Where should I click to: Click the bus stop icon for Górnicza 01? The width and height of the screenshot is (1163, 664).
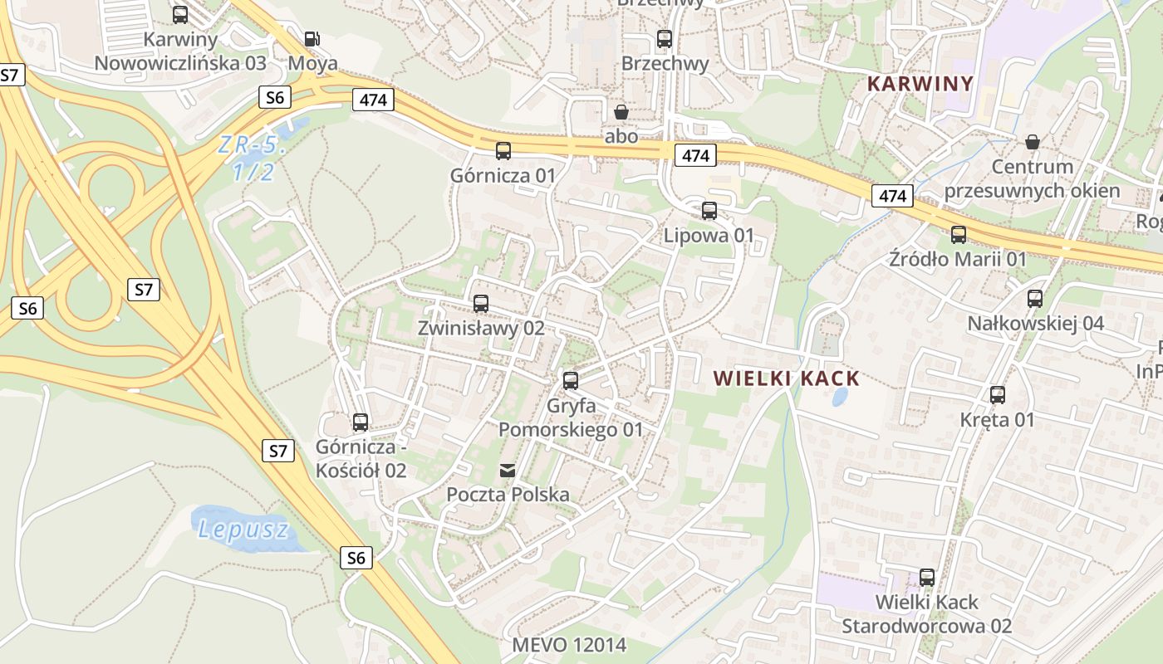[503, 151]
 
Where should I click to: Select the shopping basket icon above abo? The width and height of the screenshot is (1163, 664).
[621, 111]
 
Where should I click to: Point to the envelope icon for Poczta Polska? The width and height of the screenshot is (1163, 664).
[507, 471]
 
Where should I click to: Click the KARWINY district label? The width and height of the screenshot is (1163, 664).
[920, 84]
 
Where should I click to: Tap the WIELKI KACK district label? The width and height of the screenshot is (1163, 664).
[786, 379]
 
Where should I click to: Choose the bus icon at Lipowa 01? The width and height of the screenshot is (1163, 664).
[709, 211]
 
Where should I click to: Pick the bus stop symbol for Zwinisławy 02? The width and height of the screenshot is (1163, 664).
[481, 304]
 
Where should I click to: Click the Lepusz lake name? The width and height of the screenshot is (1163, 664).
[243, 530]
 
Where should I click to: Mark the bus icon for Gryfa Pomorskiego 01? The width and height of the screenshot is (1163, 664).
[570, 381]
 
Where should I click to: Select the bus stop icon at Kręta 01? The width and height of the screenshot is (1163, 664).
[997, 395]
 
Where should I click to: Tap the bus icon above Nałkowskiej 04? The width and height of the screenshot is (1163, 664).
[1035, 299]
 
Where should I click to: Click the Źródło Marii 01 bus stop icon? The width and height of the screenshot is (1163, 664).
[959, 235]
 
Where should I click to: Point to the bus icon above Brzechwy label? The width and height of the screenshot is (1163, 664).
[664, 39]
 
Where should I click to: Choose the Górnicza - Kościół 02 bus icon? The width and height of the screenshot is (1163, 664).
[361, 422]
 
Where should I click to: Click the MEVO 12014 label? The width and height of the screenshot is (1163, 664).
[568, 645]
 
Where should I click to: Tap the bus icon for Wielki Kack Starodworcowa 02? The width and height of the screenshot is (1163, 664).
[927, 578]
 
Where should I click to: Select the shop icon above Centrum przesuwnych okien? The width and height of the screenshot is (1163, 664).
[1033, 142]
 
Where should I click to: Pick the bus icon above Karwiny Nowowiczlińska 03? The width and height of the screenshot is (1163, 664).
[180, 15]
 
